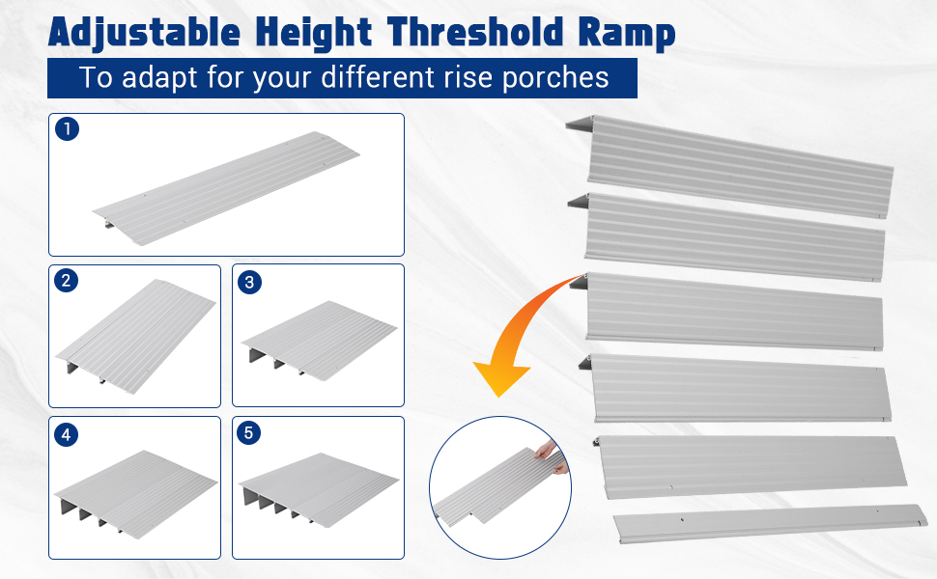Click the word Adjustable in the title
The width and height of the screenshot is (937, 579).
(144, 32)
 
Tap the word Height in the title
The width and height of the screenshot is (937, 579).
(313, 34)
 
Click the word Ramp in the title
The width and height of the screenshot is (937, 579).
(626, 34)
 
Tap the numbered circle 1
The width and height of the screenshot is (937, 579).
(67, 129)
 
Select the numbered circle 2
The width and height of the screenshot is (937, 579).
(67, 281)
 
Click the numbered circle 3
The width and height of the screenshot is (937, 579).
(250, 282)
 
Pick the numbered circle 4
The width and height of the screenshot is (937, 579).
(67, 434)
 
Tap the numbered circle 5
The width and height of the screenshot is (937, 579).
(249, 432)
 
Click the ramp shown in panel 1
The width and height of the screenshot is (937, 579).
(226, 188)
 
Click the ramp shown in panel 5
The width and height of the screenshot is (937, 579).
(319, 489)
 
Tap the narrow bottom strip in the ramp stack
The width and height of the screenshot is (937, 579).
(771, 523)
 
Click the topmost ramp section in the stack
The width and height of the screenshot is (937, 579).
(730, 166)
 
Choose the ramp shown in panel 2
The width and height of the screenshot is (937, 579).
(135, 336)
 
